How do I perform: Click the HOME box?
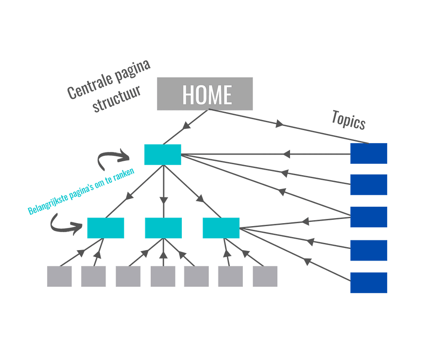point(205,94)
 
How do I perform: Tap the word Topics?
point(348,120)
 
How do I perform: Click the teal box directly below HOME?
point(162,155)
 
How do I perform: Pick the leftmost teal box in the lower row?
point(105,228)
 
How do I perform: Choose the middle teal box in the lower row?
point(163,228)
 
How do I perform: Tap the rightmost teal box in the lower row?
point(221,228)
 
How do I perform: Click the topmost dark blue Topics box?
point(368,153)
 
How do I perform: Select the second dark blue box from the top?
point(368,184)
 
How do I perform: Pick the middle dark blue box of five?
point(368,217)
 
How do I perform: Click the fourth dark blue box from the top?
point(368,250)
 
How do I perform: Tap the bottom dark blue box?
point(368,282)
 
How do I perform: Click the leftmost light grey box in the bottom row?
point(59,276)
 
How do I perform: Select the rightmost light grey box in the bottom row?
point(265,276)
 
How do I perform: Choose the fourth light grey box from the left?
point(163,276)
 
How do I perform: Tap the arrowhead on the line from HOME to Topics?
point(279,124)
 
